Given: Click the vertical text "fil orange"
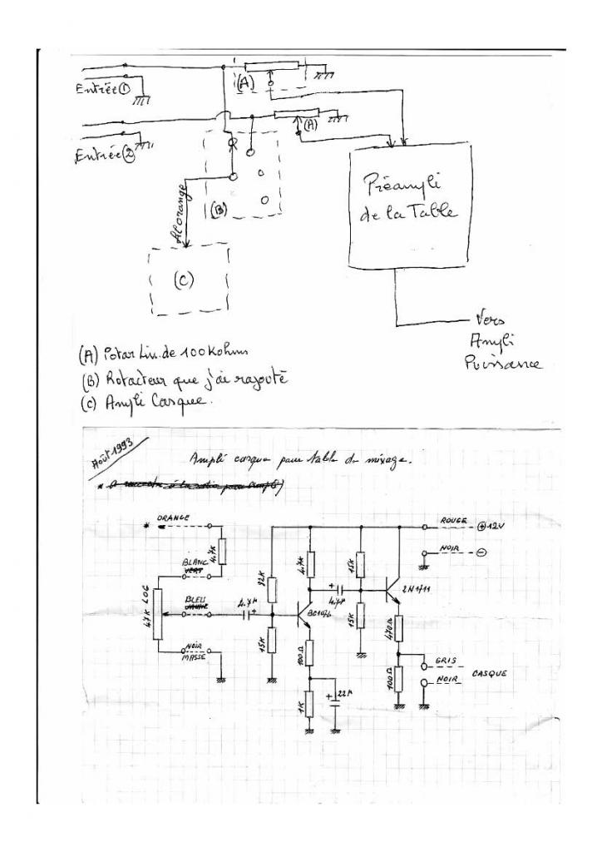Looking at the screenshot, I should (x=183, y=200).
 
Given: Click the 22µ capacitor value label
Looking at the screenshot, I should (x=346, y=696).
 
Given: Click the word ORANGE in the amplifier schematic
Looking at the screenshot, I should (x=173, y=518).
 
